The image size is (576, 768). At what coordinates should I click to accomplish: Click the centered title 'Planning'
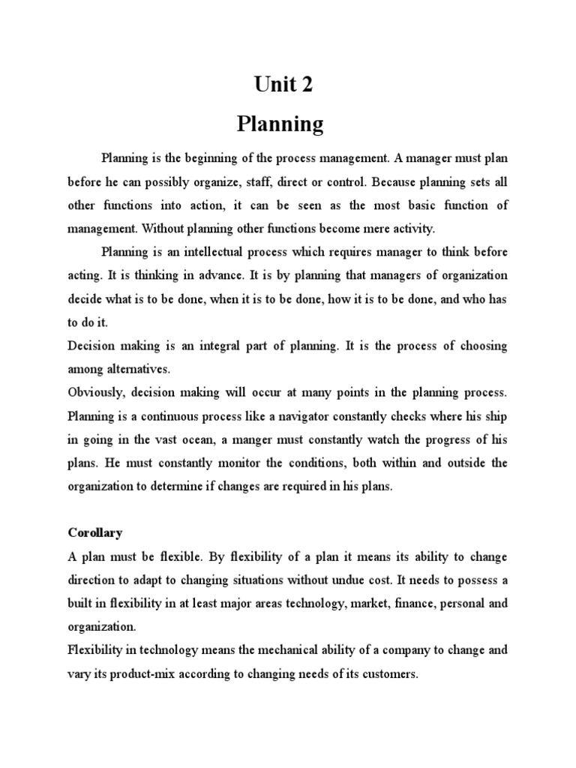click(x=280, y=124)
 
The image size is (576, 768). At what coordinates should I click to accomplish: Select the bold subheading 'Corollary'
click(x=94, y=533)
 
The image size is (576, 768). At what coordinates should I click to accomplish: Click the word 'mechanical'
click(x=280, y=651)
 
